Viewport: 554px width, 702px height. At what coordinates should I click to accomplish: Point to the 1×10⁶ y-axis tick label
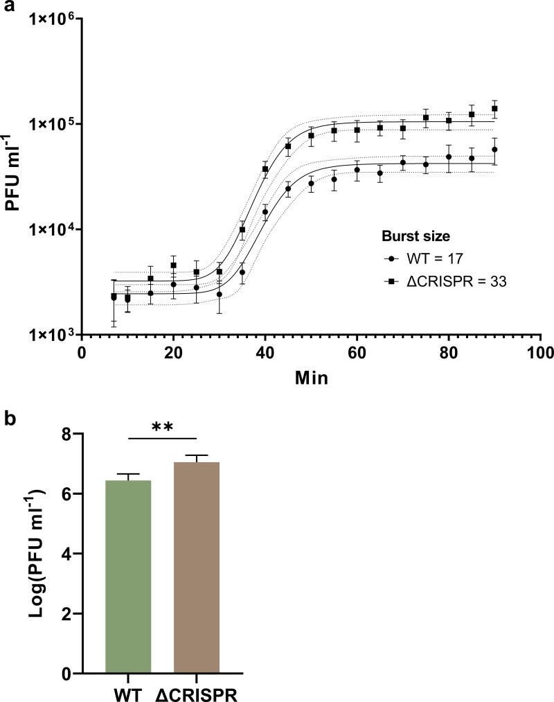click(50, 19)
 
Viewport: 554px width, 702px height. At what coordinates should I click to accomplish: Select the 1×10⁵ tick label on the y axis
click(50, 124)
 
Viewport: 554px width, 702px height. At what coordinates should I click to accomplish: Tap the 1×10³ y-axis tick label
click(50, 335)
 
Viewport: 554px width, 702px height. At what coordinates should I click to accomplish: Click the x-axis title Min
click(310, 378)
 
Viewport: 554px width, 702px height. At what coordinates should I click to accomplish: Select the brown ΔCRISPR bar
click(197, 568)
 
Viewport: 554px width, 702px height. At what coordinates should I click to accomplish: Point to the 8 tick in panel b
click(68, 435)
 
